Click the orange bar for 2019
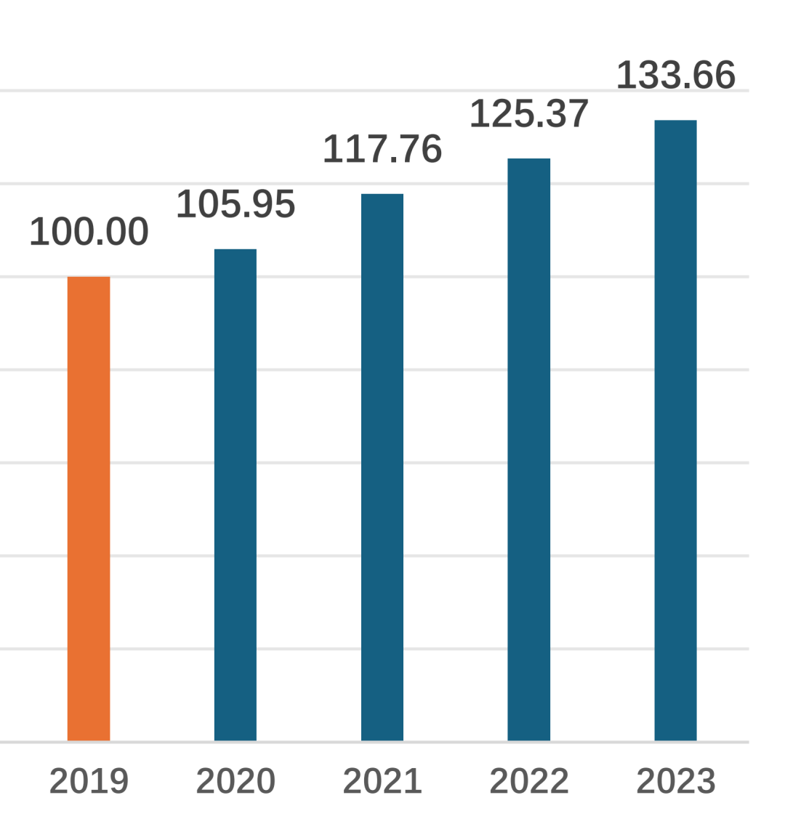coord(89,509)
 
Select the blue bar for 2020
coord(235,494)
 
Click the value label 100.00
coord(89,233)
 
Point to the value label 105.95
coord(235,204)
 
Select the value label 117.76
coord(382,150)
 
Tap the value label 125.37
coord(528,114)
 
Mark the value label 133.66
coord(675,76)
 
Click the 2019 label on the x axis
coord(89,782)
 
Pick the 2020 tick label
coord(235,782)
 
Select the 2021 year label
coord(382,782)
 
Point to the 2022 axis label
coord(528,782)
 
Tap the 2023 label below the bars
coord(675,782)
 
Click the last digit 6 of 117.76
coord(431,150)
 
